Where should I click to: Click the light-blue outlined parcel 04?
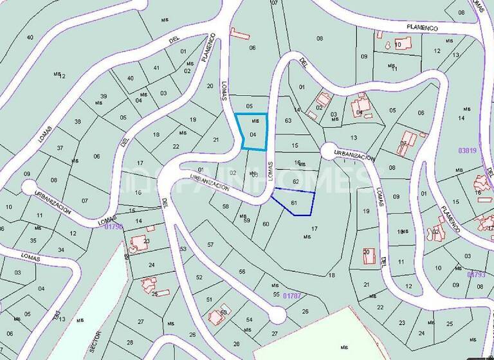(x=252, y=132)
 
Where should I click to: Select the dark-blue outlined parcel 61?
(x=295, y=203)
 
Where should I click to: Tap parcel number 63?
(x=288, y=120)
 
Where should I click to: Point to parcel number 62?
(x=296, y=182)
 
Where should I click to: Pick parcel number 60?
(x=266, y=224)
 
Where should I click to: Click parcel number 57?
(x=210, y=245)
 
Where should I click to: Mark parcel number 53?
(x=183, y=249)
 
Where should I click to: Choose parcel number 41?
(x=156, y=67)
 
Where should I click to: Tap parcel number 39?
(x=103, y=96)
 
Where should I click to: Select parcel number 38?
(x=78, y=122)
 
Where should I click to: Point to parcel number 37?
(x=60, y=148)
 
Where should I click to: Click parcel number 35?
(x=34, y=240)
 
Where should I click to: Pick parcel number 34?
(x=60, y=249)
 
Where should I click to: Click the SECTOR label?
(x=96, y=338)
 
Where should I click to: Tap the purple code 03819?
(x=467, y=150)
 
